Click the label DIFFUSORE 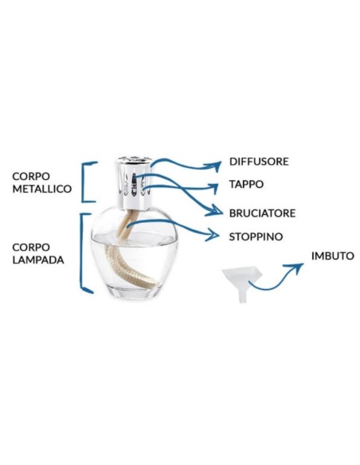click(259, 162)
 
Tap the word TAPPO click(246, 184)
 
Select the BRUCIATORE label click(262, 213)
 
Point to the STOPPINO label click(256, 236)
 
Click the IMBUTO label click(333, 256)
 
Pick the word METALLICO click(42, 189)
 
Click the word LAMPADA click(38, 260)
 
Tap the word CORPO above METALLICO click(31, 176)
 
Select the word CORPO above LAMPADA click(31, 247)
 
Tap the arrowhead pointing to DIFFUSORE click(215, 166)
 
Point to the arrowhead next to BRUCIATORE click(216, 210)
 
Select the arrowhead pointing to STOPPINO click(213, 235)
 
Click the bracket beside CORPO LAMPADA click(81, 252)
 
